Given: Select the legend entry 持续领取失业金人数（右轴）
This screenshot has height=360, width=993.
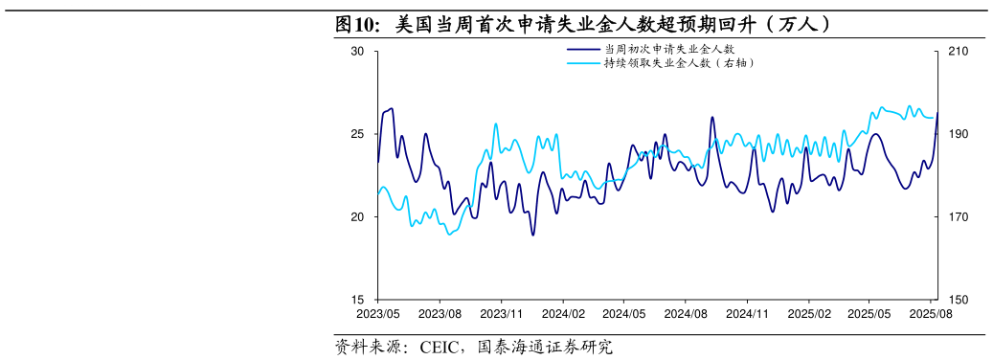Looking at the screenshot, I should click(679, 63).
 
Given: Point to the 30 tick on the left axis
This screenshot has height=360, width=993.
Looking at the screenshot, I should click(357, 52).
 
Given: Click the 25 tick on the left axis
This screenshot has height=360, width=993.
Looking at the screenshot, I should click(357, 134).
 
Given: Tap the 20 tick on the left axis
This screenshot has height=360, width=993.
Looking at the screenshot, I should click(357, 217).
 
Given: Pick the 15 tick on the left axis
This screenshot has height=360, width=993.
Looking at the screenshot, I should click(357, 300).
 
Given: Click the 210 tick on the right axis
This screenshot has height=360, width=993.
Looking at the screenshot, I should click(959, 52).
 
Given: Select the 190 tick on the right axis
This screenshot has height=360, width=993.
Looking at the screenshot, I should click(959, 134).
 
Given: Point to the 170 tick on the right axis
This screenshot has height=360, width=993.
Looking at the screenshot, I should click(959, 217).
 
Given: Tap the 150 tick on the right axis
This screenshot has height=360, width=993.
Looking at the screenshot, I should click(959, 300).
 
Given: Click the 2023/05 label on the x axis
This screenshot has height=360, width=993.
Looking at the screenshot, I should click(377, 313).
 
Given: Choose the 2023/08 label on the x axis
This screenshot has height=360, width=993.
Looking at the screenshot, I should click(440, 313).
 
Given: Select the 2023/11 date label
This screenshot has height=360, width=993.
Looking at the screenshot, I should click(501, 313).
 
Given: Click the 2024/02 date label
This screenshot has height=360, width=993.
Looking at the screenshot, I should click(563, 313).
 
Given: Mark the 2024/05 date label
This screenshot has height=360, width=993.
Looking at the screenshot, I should click(624, 313).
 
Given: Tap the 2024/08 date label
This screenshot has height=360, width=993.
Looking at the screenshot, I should click(686, 313).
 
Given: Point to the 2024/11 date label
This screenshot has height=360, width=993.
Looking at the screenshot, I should click(748, 313).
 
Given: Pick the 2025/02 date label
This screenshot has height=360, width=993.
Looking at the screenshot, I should click(809, 313).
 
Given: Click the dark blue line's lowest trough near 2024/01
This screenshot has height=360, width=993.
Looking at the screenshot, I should click(533, 235).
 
